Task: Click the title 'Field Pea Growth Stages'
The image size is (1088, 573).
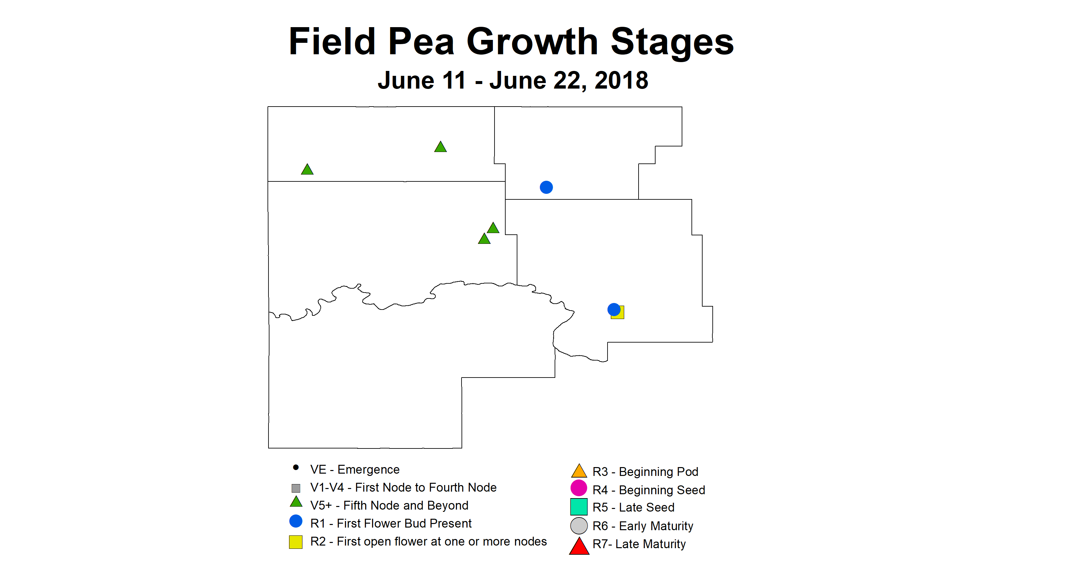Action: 512,42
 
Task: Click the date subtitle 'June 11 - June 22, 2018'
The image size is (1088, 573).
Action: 513,80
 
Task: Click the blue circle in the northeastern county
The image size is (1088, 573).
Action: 546,187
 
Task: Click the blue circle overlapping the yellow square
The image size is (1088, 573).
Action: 614,309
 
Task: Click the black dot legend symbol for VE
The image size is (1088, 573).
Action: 296,467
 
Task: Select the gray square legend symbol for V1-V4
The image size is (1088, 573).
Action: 296,488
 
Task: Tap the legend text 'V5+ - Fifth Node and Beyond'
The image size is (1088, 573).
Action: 389,505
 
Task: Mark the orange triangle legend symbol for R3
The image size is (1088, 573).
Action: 579,471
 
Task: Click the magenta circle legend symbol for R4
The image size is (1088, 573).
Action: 579,488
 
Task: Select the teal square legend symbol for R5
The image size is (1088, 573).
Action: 579,507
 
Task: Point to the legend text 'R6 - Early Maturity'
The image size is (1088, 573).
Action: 643,526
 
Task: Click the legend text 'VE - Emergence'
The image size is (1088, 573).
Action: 355,469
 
